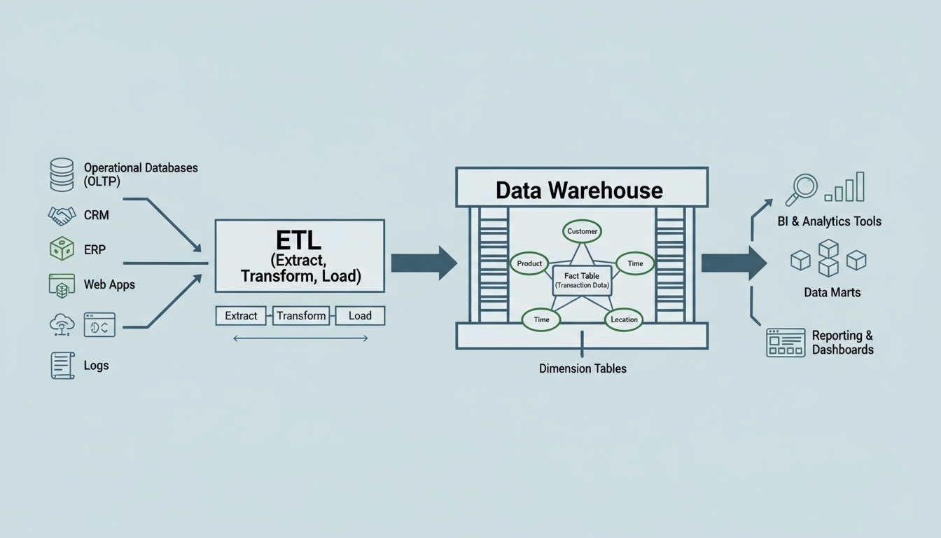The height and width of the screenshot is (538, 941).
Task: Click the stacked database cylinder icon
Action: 62,174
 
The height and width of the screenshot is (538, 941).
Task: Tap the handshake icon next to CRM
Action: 62,215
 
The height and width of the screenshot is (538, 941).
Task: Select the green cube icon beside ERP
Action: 62,249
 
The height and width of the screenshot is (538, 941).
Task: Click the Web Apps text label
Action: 109,284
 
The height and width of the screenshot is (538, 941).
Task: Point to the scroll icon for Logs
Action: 62,366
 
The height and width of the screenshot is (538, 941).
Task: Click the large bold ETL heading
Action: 298,240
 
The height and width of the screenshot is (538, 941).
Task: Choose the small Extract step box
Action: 241,316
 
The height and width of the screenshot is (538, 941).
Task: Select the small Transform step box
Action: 301,316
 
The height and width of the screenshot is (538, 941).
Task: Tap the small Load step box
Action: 360,316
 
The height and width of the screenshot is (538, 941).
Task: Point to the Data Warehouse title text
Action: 579,190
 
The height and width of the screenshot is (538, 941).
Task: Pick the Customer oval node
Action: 582,231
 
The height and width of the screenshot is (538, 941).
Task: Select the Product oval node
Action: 530,263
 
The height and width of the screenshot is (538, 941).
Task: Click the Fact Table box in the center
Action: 582,280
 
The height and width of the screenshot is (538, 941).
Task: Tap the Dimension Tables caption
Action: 583,368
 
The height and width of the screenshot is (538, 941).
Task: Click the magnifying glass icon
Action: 802,188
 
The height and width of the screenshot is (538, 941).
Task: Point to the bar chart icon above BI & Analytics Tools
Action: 844,188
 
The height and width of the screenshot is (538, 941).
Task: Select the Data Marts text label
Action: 832,292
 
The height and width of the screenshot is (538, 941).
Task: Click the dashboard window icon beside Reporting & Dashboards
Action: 786,343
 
